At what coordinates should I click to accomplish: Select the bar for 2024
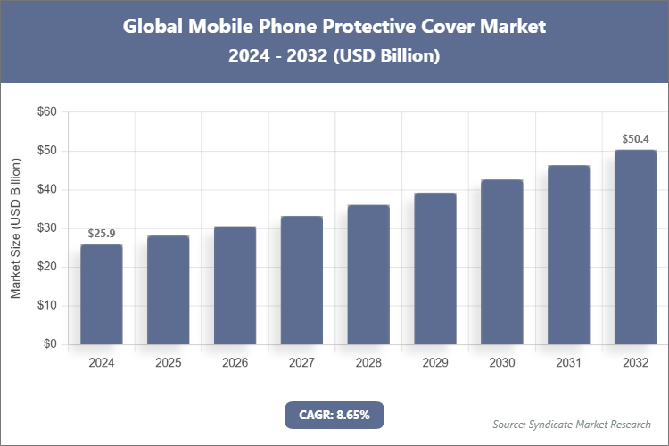point(102,294)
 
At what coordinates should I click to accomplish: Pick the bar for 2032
point(635,247)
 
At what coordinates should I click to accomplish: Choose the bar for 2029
point(435,268)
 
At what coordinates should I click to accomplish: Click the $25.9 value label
point(102,234)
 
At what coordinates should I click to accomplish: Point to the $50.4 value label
point(635,139)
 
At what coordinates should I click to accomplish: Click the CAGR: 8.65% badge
point(334,415)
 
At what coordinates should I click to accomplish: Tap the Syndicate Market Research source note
point(572,424)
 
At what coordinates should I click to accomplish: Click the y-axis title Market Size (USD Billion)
point(15,228)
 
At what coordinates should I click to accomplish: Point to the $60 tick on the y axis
point(46,112)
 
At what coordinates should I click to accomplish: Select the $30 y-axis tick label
point(46,228)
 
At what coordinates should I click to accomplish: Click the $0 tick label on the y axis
point(50,344)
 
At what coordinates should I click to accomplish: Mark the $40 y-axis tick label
point(46,190)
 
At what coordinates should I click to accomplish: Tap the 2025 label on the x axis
point(169,363)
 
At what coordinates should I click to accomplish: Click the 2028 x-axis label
point(368,363)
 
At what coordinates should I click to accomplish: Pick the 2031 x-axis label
point(568,363)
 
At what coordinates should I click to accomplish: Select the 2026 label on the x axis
point(235,363)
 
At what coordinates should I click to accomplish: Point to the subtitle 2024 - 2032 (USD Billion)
point(334,55)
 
